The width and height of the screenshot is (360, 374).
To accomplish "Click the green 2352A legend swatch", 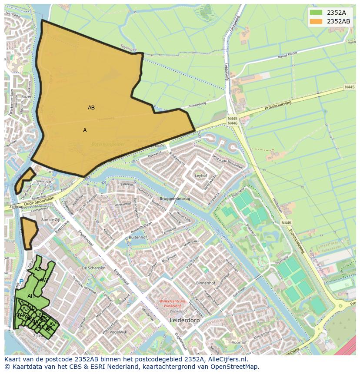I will click(317, 13).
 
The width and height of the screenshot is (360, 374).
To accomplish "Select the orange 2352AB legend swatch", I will click(317, 21).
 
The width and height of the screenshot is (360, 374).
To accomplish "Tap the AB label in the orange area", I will click(91, 108).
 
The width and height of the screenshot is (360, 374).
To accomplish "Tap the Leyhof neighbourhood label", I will click(201, 176).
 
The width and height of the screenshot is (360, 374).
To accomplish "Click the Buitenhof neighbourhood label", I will click(138, 238).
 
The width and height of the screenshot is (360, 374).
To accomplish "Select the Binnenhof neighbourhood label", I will click(206, 283).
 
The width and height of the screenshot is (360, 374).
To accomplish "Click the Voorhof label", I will click(239, 342).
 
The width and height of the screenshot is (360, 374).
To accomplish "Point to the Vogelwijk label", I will click(118, 332).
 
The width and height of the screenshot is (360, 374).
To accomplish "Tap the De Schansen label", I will click(93, 268).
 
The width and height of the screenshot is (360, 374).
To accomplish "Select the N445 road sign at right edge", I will click(350, 87).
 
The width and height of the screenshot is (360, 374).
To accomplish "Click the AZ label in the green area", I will click(38, 269).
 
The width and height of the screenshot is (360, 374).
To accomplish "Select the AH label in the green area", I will click(31, 296).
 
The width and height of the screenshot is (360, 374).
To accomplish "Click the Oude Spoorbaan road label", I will click(40, 200).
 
